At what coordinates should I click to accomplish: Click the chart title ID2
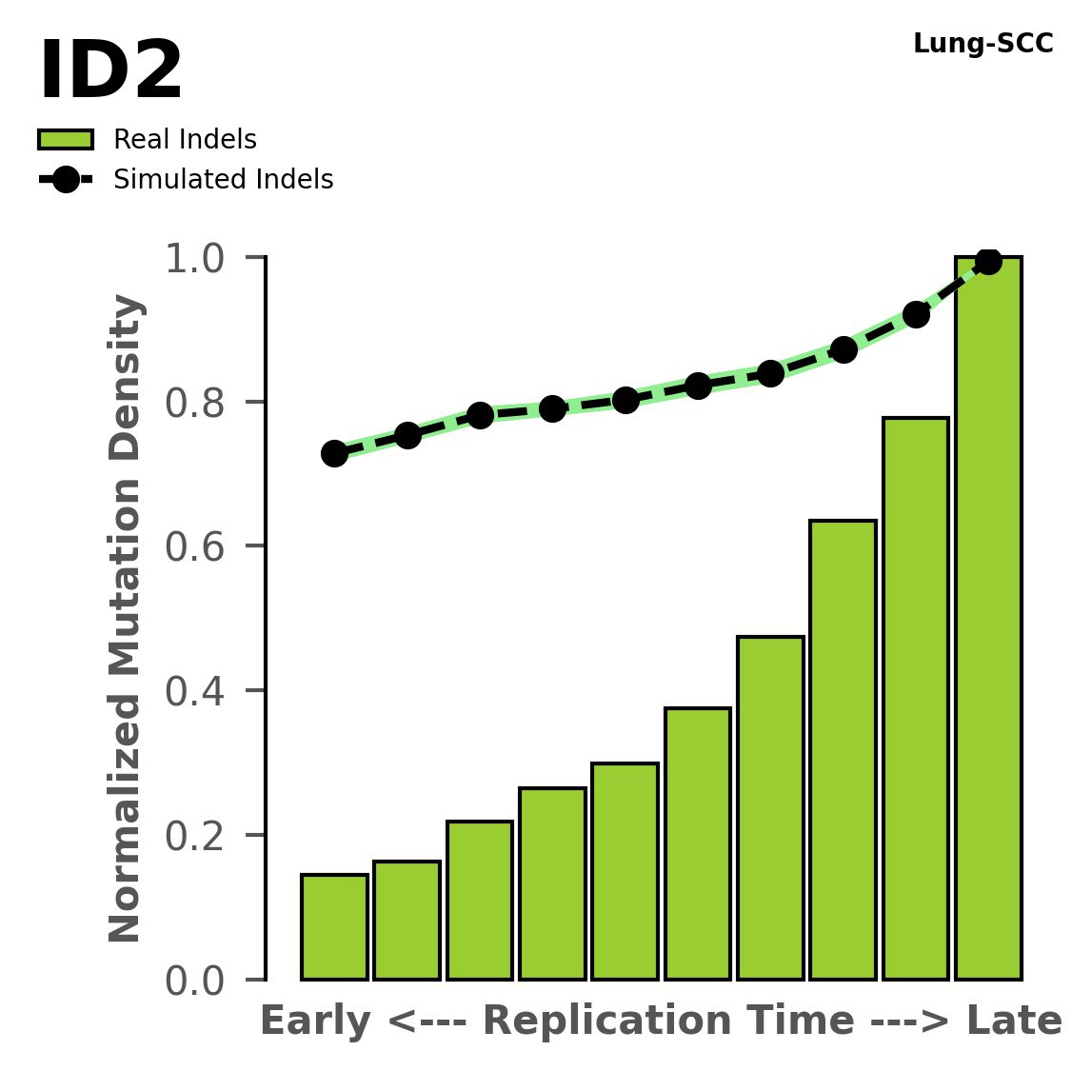pos(110,72)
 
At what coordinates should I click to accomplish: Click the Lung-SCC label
pos(983,44)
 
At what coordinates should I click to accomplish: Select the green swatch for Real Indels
pos(66,140)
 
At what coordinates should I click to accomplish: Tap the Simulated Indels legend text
pos(223,180)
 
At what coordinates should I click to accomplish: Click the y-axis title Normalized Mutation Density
pos(126,619)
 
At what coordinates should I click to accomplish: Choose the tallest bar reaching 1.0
pos(988,619)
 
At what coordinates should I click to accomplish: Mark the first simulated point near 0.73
pos(334,453)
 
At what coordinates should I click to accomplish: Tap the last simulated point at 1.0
pos(988,261)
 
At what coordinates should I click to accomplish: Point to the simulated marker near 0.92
pos(916,314)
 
